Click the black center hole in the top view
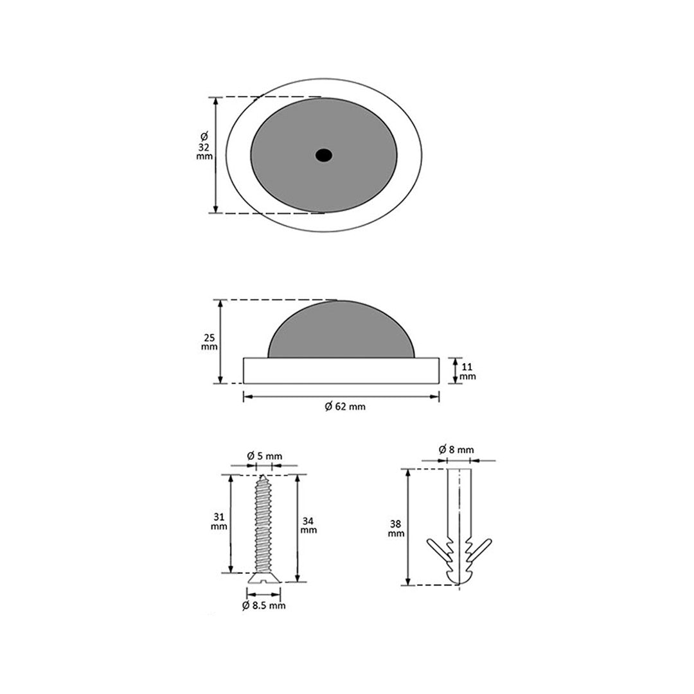[x=324, y=156]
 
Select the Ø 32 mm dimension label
[x=204, y=146]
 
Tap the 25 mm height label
[x=209, y=342]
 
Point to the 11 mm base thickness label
[x=467, y=371]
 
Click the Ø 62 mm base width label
[x=345, y=406]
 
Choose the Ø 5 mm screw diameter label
[x=264, y=456]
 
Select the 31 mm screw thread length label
[x=218, y=521]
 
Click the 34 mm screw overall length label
[x=308, y=525]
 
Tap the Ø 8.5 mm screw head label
[x=264, y=605]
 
